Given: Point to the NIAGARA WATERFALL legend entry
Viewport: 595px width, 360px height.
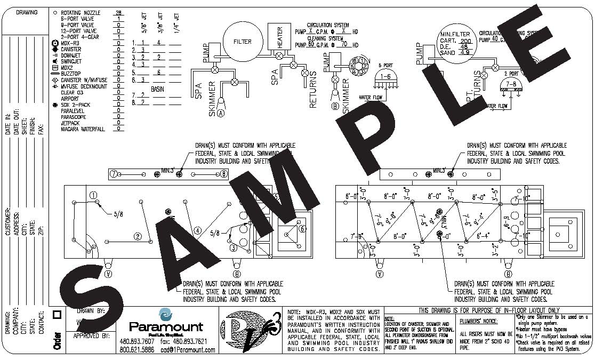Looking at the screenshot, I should [83, 129].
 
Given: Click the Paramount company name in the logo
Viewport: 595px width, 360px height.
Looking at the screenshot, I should [166, 326].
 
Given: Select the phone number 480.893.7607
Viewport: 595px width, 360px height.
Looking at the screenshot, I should [136, 341].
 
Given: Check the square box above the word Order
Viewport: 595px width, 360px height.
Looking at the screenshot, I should [58, 315].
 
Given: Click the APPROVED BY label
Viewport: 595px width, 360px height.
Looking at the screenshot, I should [91, 336].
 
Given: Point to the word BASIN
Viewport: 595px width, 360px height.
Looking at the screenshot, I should [157, 89].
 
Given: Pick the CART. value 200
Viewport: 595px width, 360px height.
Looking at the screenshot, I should [465, 41].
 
